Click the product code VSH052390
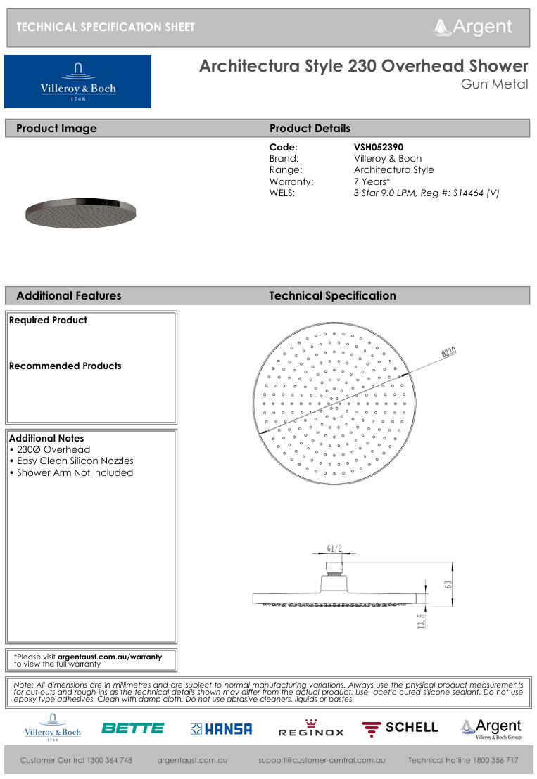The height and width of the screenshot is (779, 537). click(x=379, y=148)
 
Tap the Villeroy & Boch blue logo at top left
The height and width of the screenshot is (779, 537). click(x=77, y=82)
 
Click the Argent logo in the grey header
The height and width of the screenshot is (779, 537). click(x=473, y=27)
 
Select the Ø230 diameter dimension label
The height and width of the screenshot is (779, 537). click(x=449, y=352)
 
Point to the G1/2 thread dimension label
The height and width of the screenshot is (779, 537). click(x=334, y=548)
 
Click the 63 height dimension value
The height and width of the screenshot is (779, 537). click(x=448, y=584)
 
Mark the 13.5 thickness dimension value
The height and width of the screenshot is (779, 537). click(x=421, y=622)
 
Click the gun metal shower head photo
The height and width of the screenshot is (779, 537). click(x=79, y=210)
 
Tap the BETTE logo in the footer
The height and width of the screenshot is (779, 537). click(x=132, y=728)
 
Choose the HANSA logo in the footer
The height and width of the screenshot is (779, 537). click(x=221, y=729)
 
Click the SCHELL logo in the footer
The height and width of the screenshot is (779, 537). click(x=400, y=728)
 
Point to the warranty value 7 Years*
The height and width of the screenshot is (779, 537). click(x=372, y=181)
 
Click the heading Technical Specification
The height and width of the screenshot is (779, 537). click(x=332, y=296)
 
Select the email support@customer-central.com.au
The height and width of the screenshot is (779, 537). click(x=322, y=760)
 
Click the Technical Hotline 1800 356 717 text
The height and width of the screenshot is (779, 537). click(x=463, y=760)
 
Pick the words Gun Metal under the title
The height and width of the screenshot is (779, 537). click(x=494, y=85)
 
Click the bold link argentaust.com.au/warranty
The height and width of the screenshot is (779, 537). click(x=110, y=657)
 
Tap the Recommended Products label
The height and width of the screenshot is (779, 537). click(x=65, y=366)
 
